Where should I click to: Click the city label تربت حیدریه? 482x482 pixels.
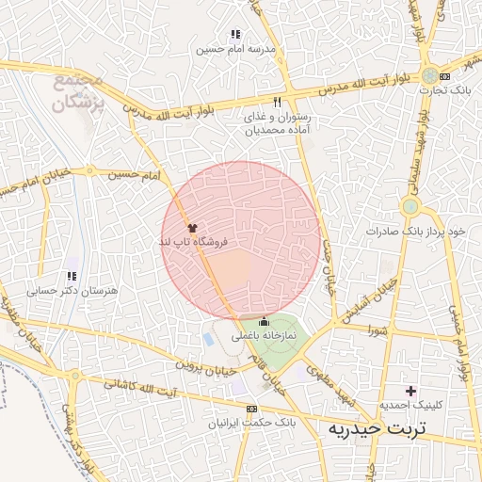click(376, 429)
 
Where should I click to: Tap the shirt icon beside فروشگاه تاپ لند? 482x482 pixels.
click(193, 227)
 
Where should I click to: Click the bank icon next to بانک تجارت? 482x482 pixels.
click(445, 76)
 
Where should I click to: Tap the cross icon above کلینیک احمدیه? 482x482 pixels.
click(410, 390)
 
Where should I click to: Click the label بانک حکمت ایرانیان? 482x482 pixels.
click(250, 424)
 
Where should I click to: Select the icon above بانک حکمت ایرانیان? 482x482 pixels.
click(250, 410)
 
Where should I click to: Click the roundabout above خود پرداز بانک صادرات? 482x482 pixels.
click(410, 206)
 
